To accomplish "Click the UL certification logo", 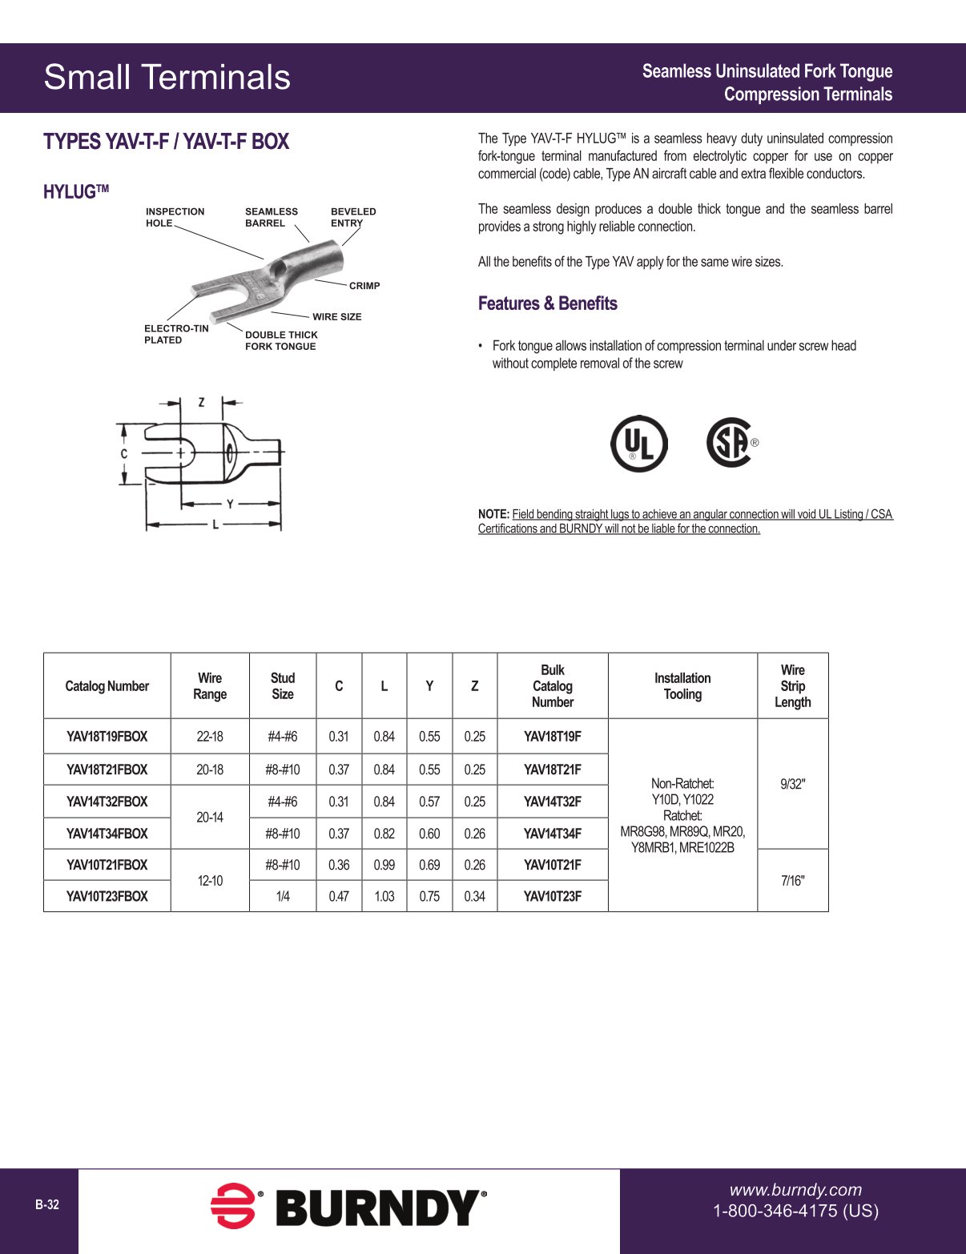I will click(x=638, y=443).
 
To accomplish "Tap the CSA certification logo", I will click(x=730, y=442).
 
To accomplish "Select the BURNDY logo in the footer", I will click(x=348, y=1207).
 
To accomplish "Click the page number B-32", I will click(x=47, y=1204).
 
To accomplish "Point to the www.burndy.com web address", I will click(x=795, y=1190).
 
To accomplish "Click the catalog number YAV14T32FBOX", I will click(x=107, y=802).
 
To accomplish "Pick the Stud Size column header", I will click(x=283, y=686).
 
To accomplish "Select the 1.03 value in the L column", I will click(x=384, y=896).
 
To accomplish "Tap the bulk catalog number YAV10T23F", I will click(x=553, y=896).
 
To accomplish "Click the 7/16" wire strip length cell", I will click(x=792, y=881).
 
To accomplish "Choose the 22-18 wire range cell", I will click(x=210, y=737).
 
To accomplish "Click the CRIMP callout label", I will click(x=364, y=286).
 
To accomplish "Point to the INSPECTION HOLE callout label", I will click(x=175, y=217).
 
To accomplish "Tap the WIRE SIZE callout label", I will click(x=337, y=317).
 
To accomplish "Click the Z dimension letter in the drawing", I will click(x=201, y=402).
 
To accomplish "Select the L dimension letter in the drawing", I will click(x=215, y=525).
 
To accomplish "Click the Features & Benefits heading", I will click(x=548, y=303).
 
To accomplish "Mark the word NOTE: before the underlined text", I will click(x=493, y=514).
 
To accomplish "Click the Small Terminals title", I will click(x=167, y=78).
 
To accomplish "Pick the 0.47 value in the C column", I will click(x=339, y=896).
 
